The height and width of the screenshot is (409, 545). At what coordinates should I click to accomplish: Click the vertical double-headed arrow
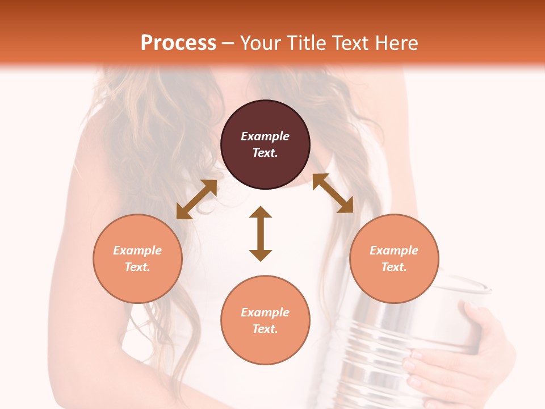pyautogui.click(x=261, y=233)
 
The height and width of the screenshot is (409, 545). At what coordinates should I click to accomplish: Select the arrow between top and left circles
pyautogui.click(x=196, y=199)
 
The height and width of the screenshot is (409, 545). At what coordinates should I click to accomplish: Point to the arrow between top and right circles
pyautogui.click(x=333, y=193)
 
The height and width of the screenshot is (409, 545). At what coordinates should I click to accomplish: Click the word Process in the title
pyautogui.click(x=178, y=43)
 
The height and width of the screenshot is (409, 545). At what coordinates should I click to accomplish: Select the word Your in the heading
pyautogui.click(x=259, y=43)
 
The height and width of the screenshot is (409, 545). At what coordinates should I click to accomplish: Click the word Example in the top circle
pyautogui.click(x=265, y=136)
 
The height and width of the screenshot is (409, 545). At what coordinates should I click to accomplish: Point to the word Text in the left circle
pyautogui.click(x=137, y=267)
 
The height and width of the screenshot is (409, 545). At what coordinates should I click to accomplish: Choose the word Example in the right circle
pyautogui.click(x=394, y=251)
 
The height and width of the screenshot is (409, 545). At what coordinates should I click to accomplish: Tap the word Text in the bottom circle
pyautogui.click(x=265, y=329)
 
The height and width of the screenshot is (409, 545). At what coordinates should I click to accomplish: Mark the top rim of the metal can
pyautogui.click(x=460, y=284)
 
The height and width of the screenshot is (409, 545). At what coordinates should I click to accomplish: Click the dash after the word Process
pyautogui.click(x=228, y=43)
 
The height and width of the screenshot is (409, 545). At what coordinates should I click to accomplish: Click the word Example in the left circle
pyautogui.click(x=137, y=251)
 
